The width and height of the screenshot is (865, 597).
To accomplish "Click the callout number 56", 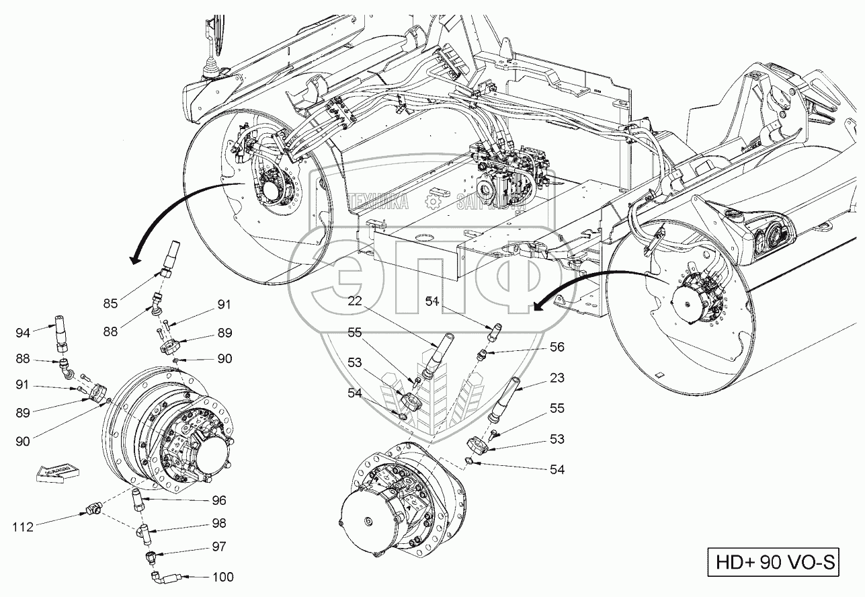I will pyautogui.click(x=557, y=348).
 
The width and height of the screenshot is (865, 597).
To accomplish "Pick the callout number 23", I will pyautogui.click(x=557, y=379).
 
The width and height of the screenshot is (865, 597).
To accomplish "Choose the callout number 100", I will pyautogui.click(x=224, y=577).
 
